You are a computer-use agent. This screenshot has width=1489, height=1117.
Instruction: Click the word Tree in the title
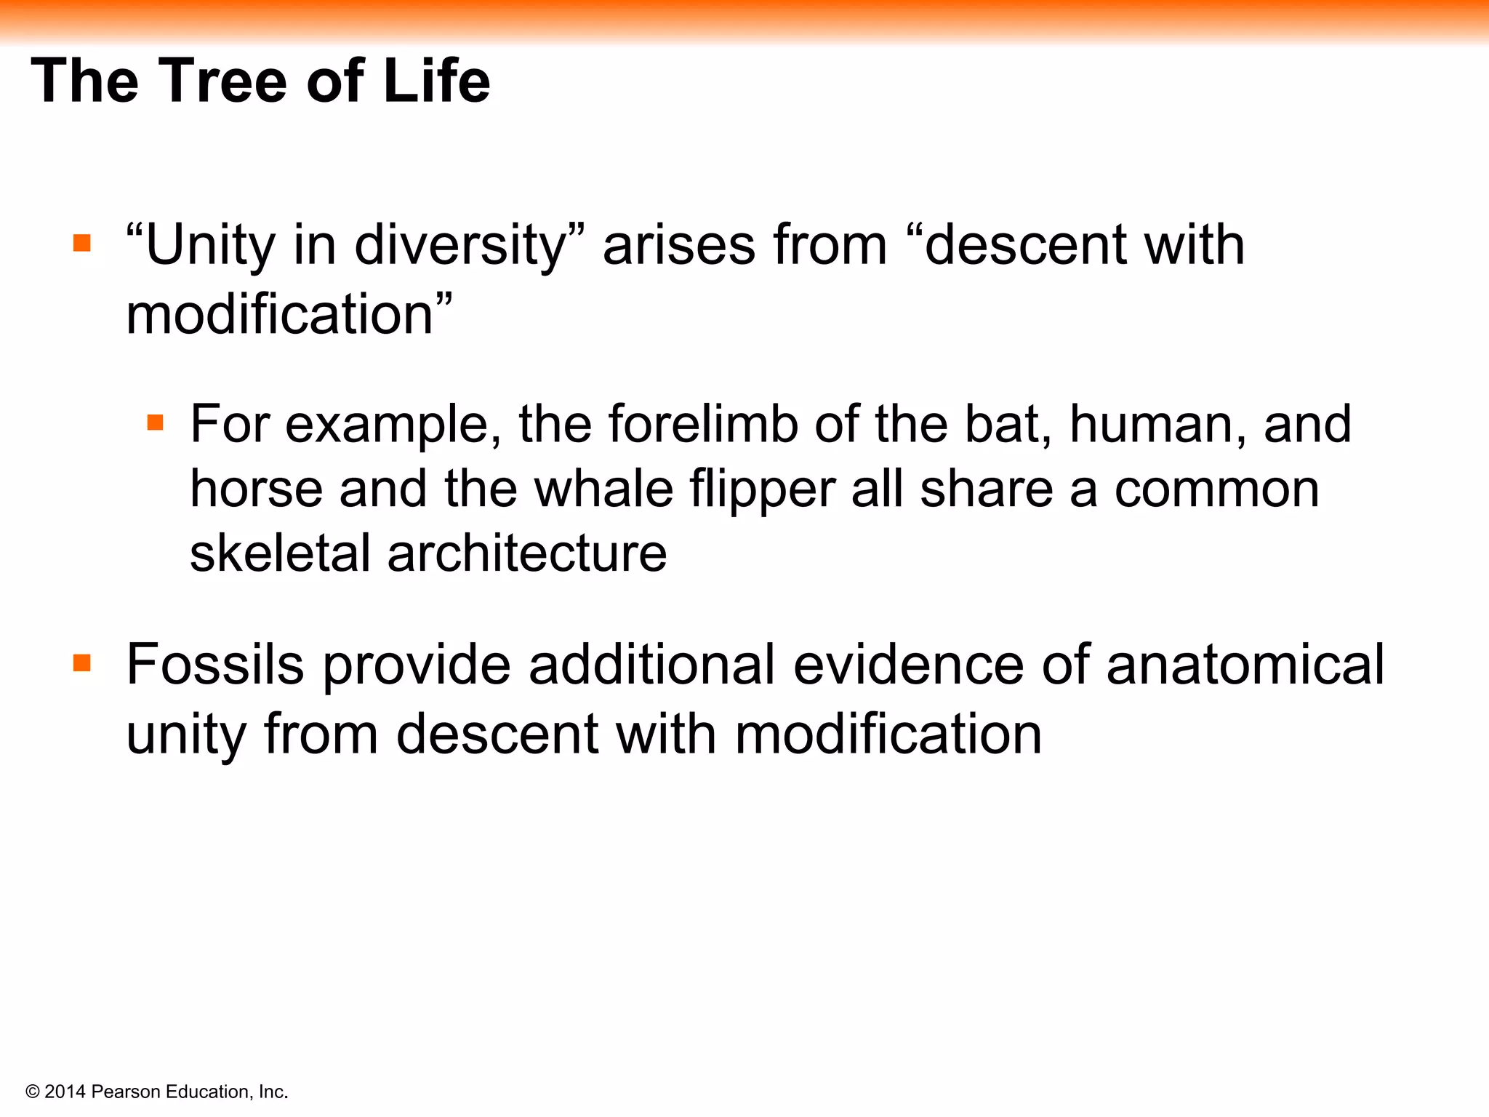[222, 81]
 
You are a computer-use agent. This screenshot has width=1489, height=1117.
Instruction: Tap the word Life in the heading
[436, 81]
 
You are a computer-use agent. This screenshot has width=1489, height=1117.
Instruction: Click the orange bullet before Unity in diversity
[82, 243]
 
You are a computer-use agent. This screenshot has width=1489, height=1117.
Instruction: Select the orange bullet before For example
[155, 423]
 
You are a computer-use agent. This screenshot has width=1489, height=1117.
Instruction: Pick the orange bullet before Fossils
[82, 662]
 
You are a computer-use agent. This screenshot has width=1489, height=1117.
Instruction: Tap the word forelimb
[702, 424]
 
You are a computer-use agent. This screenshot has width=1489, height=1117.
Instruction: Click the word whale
[603, 489]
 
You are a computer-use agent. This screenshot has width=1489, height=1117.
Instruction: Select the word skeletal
[281, 553]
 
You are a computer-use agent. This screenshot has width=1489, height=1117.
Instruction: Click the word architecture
[527, 553]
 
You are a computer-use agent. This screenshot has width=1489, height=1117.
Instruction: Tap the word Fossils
[215, 665]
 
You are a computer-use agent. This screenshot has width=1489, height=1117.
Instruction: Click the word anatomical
[1245, 665]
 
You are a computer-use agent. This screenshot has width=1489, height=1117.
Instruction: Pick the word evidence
[908, 665]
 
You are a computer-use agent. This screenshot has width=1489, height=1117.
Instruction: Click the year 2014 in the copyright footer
[65, 1092]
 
